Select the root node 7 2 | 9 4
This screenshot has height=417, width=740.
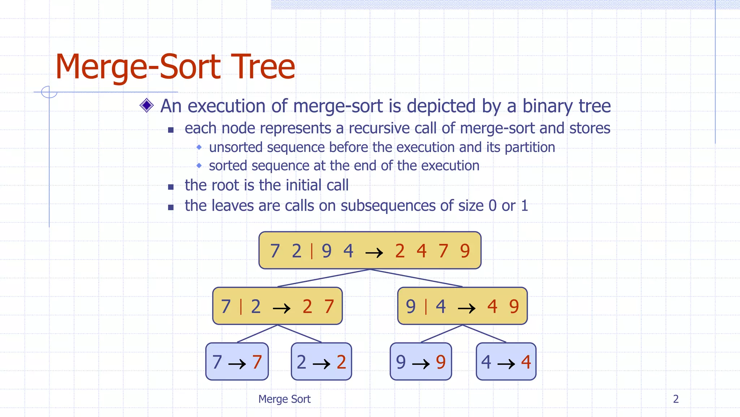pyautogui.click(x=370, y=250)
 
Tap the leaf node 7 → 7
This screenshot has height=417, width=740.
pyautogui.click(x=237, y=362)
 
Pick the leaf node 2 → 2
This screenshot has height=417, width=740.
pyautogui.click(x=321, y=362)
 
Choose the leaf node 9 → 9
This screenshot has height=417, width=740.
pyautogui.click(x=421, y=362)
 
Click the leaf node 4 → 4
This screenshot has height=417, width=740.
pyautogui.click(x=506, y=362)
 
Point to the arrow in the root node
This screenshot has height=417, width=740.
pyautogui.click(x=374, y=252)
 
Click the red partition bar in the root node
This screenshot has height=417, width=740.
pyautogui.click(x=312, y=251)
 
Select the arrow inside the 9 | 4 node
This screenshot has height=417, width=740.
pyautogui.click(x=466, y=308)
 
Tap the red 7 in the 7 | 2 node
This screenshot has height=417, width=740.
pyautogui.click(x=329, y=307)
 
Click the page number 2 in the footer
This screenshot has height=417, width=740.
pyautogui.click(x=676, y=399)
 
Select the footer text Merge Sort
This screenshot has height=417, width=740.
pyautogui.click(x=284, y=399)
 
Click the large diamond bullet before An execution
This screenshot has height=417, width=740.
pyautogui.click(x=147, y=105)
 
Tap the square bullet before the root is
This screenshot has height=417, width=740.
pyautogui.click(x=171, y=187)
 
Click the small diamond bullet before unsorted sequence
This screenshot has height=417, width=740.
pyautogui.click(x=199, y=147)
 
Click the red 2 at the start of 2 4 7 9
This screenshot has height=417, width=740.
pyautogui.click(x=400, y=251)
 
